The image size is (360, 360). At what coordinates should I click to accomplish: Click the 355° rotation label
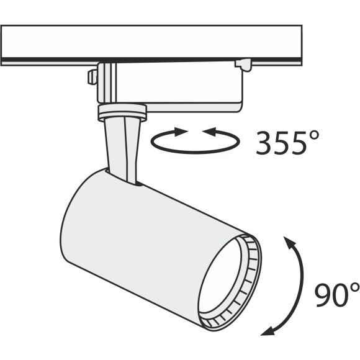tap(287, 142)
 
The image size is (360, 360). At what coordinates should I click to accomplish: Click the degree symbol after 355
tap(313, 136)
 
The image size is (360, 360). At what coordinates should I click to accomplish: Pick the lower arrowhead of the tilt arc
tap(268, 331)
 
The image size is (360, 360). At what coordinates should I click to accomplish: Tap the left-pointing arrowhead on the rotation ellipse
tap(209, 132)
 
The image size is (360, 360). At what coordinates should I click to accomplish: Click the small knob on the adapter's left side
tap(92, 77)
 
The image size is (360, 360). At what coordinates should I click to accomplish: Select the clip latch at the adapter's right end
tap(243, 65)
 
